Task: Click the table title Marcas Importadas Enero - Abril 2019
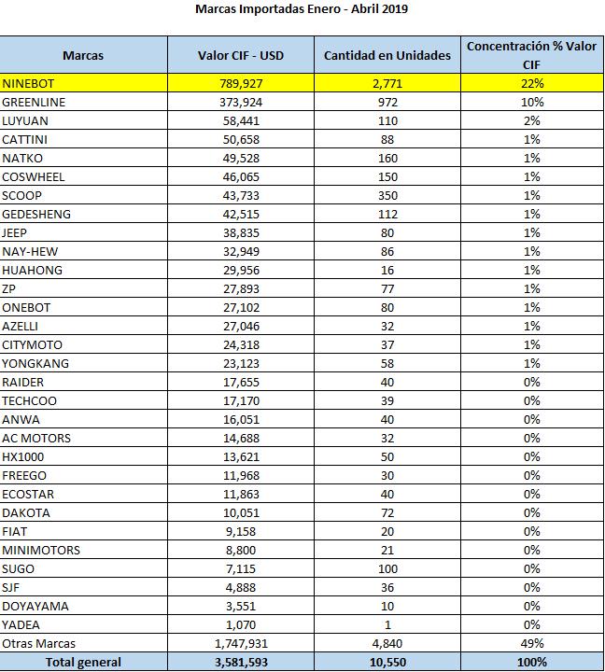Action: coord(302,9)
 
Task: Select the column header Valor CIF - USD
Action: coord(241,55)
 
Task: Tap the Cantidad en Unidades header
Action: coord(387,55)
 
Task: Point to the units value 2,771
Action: coord(387,83)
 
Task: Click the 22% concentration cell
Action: coord(532,83)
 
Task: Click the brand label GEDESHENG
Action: coord(36,214)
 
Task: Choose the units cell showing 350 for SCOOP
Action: coord(387,195)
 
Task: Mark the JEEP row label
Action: coord(16,232)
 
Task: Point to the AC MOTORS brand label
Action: coord(36,438)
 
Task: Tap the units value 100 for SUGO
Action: coord(387,568)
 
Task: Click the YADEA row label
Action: coord(21,624)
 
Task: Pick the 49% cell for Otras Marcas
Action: coord(532,643)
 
